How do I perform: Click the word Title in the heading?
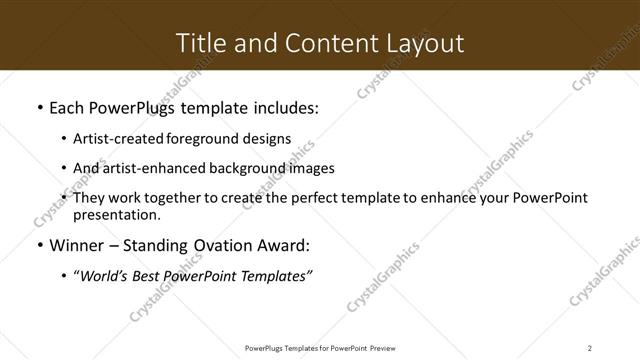pyautogui.click(x=199, y=43)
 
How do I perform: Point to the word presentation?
pyautogui.click(x=115, y=215)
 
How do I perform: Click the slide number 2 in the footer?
pyautogui.click(x=589, y=347)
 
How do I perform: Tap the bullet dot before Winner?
pyautogui.click(x=39, y=246)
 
